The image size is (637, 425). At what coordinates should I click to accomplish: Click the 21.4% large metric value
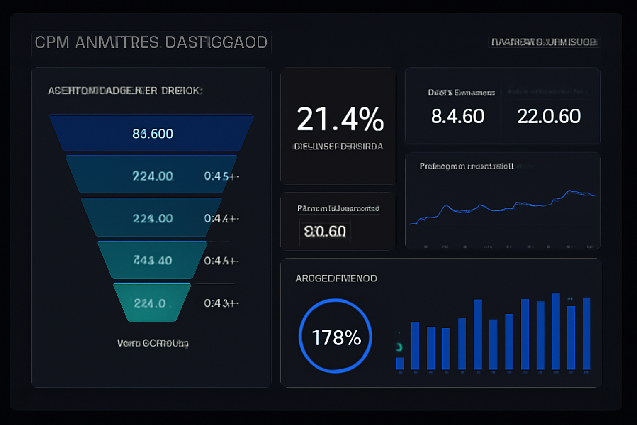[x=340, y=120]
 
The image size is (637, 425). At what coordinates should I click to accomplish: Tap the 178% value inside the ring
[x=336, y=338]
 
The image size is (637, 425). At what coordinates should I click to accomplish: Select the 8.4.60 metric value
[x=457, y=116]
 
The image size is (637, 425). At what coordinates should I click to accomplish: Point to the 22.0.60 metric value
[x=549, y=116]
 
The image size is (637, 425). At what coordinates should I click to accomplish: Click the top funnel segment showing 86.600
[x=152, y=133]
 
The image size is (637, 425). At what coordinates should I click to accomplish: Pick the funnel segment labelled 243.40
[x=152, y=260]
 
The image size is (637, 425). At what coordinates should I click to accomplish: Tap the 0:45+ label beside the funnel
[x=221, y=176]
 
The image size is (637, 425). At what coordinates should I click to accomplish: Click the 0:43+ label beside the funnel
[x=221, y=303]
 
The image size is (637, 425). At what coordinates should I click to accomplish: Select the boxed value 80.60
[x=325, y=231]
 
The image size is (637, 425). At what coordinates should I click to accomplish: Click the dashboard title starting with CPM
[x=151, y=42]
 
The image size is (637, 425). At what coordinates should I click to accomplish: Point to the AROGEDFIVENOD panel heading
[x=336, y=278]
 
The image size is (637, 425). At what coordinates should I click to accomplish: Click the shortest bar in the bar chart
[x=400, y=363]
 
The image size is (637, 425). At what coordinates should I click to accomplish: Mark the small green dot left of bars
[x=399, y=347]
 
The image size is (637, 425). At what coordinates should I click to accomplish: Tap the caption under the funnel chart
[x=153, y=343]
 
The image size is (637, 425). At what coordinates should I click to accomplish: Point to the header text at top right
[x=544, y=42]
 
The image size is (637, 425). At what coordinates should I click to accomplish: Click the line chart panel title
[x=467, y=166]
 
